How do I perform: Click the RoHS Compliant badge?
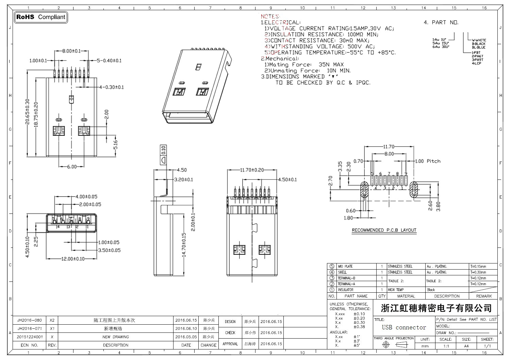coord(41,17)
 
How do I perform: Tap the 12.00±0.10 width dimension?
coord(73,259)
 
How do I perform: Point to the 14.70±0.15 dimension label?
coord(184,244)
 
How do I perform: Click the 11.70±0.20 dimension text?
coord(252,170)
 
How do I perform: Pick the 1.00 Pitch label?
coord(428,161)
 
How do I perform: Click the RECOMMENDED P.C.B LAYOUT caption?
coord(384,230)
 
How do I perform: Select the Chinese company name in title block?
coord(436,308)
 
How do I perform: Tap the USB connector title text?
coord(404,327)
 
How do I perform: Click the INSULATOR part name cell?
coord(346,290)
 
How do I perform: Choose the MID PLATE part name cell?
coord(345,267)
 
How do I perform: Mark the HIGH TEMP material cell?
coord(396,290)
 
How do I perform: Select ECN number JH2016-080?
coord(30,320)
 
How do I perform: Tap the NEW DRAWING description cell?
coord(116,337)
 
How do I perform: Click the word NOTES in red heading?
coord(270,16)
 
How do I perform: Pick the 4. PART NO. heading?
coord(441,22)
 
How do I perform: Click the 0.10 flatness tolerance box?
coord(163,150)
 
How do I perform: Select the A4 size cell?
coord(466,346)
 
